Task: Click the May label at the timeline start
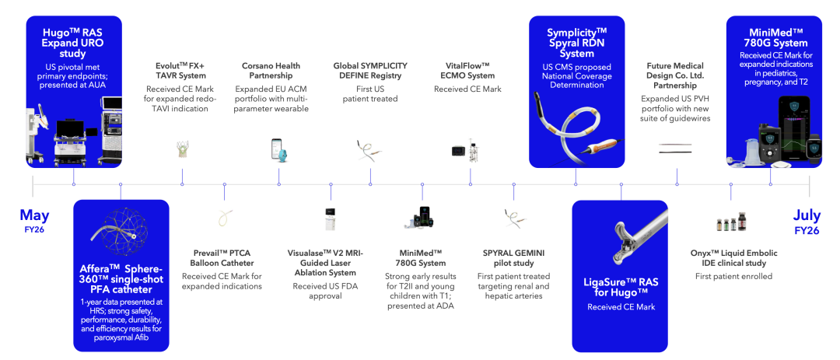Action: pos(34,215)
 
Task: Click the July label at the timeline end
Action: pos(807,215)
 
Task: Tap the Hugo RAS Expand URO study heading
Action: pos(73,42)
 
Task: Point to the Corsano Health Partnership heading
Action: pos(271,70)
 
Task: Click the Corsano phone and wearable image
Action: pos(278,150)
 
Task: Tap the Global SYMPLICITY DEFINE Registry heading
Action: pos(370,70)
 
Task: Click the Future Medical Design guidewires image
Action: pos(674,149)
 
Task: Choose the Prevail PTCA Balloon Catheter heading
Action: pos(222,257)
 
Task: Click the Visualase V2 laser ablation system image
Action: pos(331,218)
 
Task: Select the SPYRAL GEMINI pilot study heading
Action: pos(513,257)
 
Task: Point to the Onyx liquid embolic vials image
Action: pos(731,222)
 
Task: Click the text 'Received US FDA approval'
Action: pos(324,291)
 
